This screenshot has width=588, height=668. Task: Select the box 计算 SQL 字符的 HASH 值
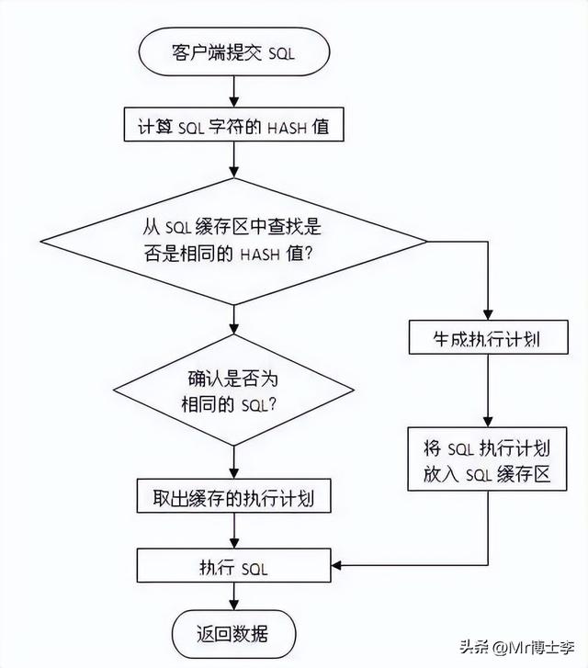[x=234, y=127]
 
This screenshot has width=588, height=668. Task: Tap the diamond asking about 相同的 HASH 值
[x=234, y=240]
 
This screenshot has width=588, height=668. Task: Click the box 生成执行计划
[x=486, y=338]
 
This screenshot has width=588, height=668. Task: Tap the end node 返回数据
[x=234, y=635]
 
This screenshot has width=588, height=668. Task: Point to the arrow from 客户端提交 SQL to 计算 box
[x=234, y=92]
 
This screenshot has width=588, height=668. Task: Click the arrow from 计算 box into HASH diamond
[x=234, y=160]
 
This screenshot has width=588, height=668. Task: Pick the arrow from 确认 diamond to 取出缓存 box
[x=234, y=464]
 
